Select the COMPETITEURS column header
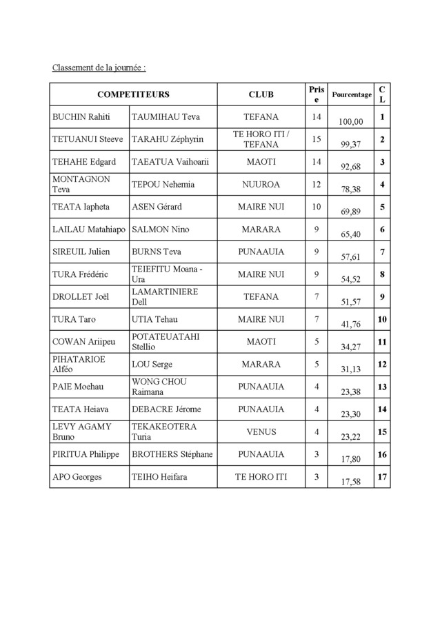coord(133,94)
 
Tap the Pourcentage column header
coord(351,94)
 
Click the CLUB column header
coord(261,94)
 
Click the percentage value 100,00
coord(351,121)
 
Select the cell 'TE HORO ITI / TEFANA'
coord(261,139)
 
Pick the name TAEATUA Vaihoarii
coord(170,162)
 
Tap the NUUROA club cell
coord(261,184)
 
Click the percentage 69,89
coord(351,211)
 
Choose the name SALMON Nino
coord(160,229)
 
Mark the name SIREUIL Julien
coord(81,252)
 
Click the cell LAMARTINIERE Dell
coord(165,296)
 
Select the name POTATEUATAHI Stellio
coord(166,341)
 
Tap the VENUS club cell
coord(261,431)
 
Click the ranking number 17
coord(382,476)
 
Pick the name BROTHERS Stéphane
coord(172,454)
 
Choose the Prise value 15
coord(317,139)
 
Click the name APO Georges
coord(78,476)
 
